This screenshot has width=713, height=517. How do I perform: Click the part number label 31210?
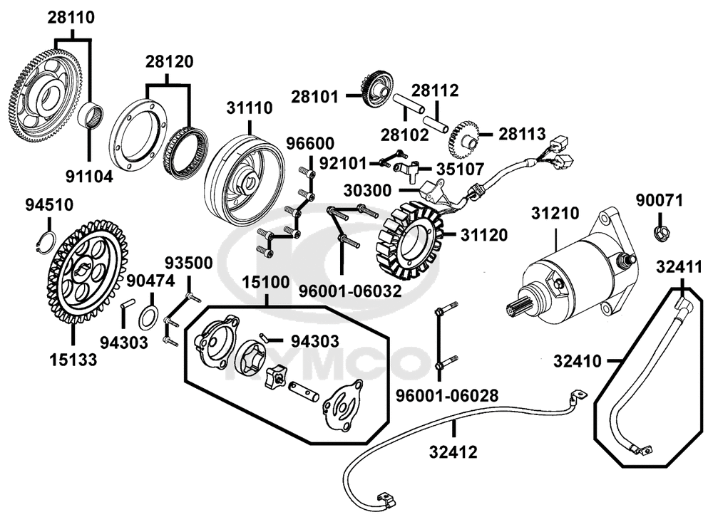(x=555, y=213)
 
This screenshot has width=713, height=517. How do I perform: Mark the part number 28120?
(x=169, y=62)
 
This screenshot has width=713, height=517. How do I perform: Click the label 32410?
(x=577, y=362)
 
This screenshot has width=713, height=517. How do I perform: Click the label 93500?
(x=188, y=263)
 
